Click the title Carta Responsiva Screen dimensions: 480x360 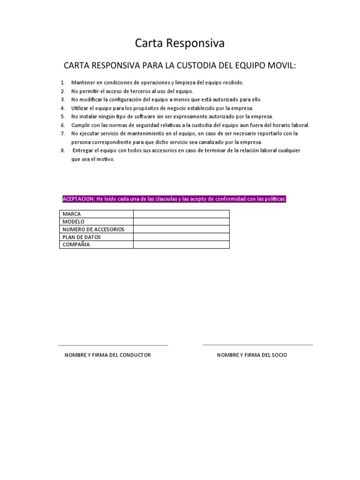[x=180, y=43]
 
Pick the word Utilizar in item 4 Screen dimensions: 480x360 [x=80, y=108]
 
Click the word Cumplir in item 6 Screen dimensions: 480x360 [x=80, y=125]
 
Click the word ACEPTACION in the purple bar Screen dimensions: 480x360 [x=78, y=199]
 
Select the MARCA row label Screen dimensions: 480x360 [x=72, y=214]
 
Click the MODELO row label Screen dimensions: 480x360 [x=74, y=222]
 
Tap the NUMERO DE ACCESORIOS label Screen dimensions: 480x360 [x=93, y=229]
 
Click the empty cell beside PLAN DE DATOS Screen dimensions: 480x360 [x=181, y=237]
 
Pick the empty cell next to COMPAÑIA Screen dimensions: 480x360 [x=181, y=245]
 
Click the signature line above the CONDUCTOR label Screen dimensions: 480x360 [x=112, y=345]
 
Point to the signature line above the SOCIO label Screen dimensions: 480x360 [x=257, y=345]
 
